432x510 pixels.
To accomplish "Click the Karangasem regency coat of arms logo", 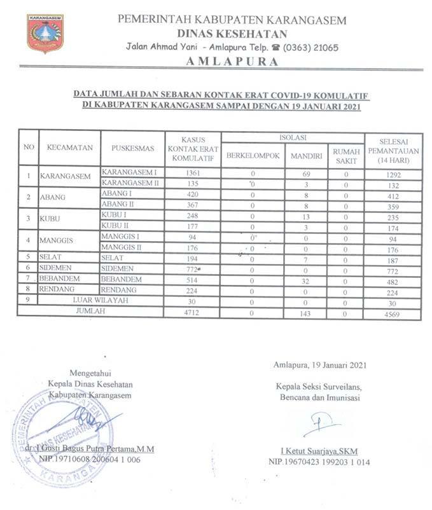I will (x=45, y=34).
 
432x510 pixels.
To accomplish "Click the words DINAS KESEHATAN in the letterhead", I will (x=232, y=34).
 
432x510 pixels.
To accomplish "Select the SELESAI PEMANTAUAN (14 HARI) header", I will (x=393, y=150).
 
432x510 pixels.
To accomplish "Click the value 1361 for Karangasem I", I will (x=192, y=173).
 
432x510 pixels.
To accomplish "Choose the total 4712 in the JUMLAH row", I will (x=192, y=313).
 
